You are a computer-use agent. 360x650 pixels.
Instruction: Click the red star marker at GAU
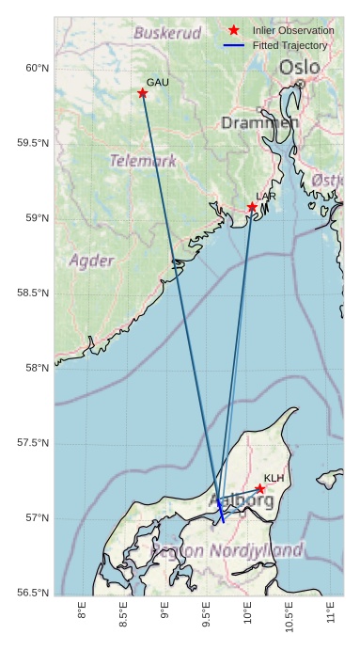click(x=142, y=93)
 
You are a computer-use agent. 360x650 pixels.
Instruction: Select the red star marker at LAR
click(x=252, y=207)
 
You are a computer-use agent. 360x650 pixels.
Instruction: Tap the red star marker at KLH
click(x=259, y=488)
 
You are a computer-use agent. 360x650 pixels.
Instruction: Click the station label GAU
click(x=157, y=83)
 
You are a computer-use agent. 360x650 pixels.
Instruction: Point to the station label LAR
click(x=266, y=197)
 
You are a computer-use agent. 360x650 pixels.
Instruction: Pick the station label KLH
click(x=274, y=478)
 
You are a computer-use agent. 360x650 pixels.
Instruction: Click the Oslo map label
click(x=299, y=68)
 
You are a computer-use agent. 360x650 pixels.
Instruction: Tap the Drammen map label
click(x=260, y=123)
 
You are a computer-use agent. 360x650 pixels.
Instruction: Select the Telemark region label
click(x=142, y=161)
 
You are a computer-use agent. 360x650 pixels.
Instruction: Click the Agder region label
click(x=92, y=261)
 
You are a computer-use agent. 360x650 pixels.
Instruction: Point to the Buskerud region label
click(x=167, y=33)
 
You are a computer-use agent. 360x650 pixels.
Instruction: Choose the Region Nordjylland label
click(x=228, y=550)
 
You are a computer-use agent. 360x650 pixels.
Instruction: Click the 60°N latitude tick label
click(x=36, y=68)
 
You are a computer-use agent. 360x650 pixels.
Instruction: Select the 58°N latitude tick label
click(x=36, y=368)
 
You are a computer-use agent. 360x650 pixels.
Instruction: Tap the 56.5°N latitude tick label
click(x=33, y=593)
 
